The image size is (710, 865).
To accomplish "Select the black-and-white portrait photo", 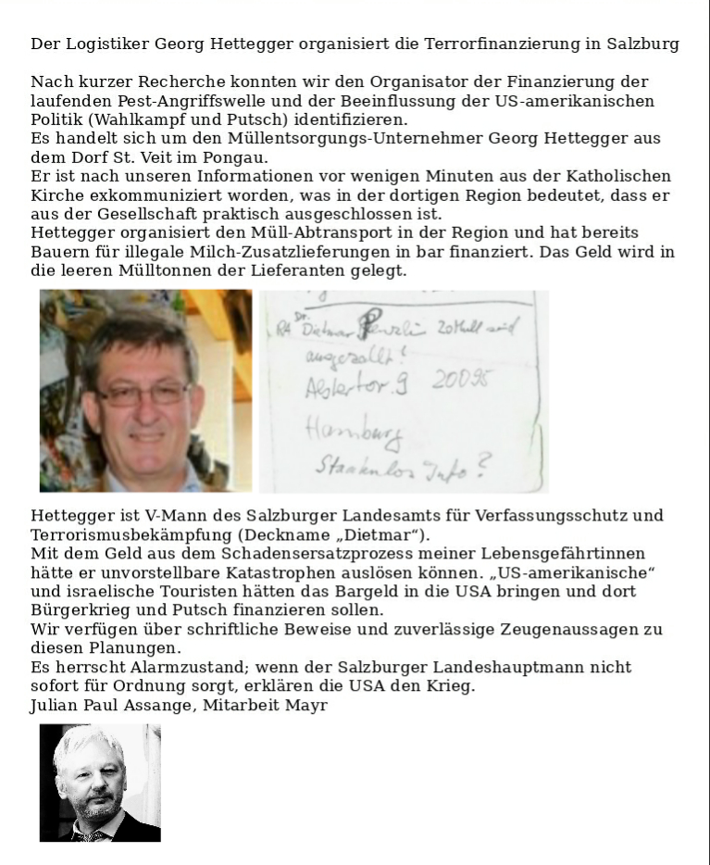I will pyautogui.click(x=100, y=783).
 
